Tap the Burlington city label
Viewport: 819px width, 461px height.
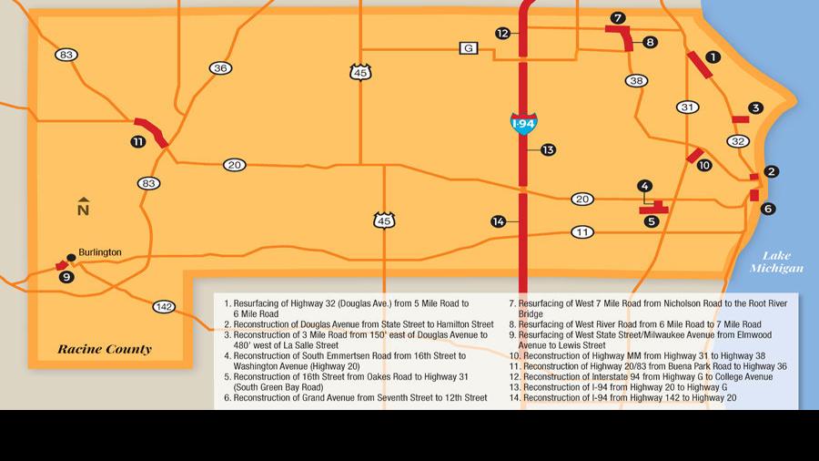100,252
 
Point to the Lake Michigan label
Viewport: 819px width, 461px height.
776,262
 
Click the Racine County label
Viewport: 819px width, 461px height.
105,349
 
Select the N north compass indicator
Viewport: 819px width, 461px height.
83,207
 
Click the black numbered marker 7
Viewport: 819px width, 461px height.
618,17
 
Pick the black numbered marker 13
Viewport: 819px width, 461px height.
548,149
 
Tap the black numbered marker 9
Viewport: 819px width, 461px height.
66,276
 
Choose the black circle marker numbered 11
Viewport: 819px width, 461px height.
137,141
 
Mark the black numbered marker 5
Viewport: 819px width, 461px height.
651,220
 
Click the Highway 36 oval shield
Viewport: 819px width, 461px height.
220,68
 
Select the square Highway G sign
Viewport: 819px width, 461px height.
468,48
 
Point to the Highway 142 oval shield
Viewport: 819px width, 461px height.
164,306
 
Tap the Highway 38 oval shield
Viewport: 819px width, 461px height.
637,81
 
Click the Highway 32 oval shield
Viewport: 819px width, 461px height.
738,141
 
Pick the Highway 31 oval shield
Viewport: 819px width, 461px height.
688,108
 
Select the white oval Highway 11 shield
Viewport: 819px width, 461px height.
582,232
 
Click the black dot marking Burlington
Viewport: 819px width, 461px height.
71,258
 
